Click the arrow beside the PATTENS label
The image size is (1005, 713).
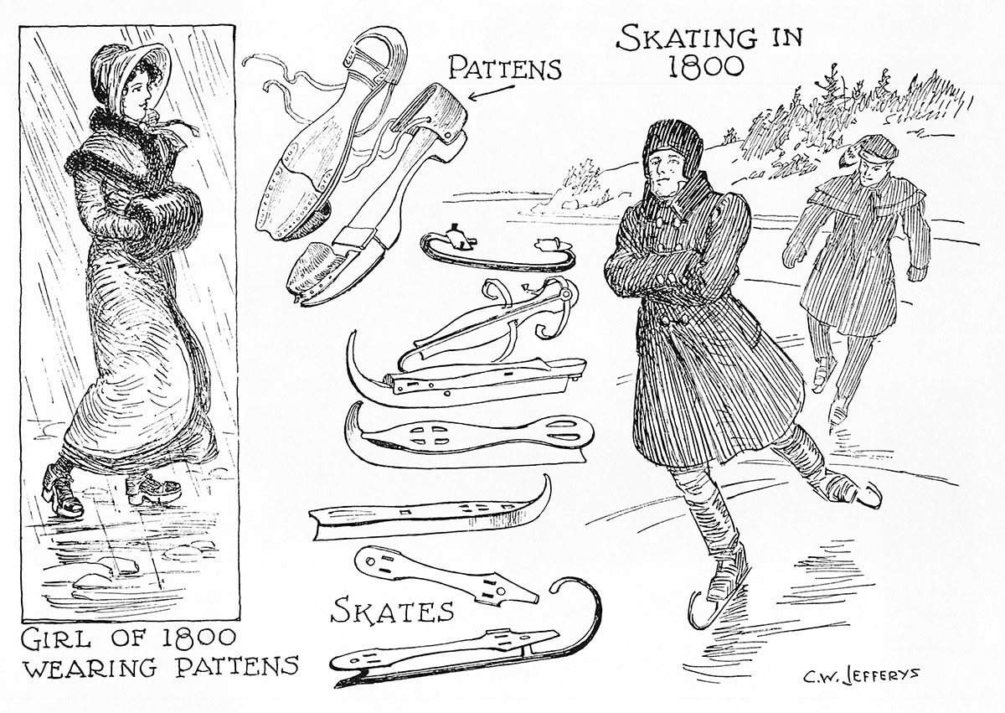tap(491, 92)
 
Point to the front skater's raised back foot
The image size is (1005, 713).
tap(855, 493)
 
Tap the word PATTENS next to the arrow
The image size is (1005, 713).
tap(505, 68)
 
